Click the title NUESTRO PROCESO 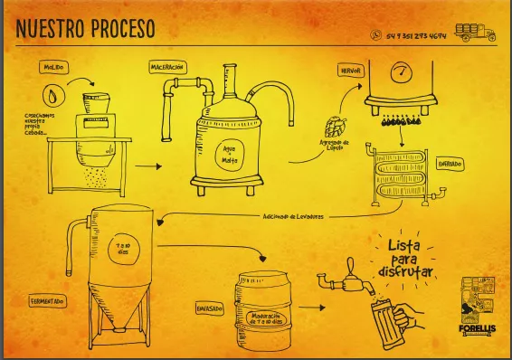click(x=85, y=29)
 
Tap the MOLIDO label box click(x=53, y=67)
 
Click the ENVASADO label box click(x=211, y=308)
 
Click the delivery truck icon click(x=476, y=33)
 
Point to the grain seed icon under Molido click(x=53, y=94)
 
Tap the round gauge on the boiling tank click(x=401, y=72)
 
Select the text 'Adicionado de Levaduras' click(x=293, y=217)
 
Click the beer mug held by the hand click(x=387, y=318)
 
